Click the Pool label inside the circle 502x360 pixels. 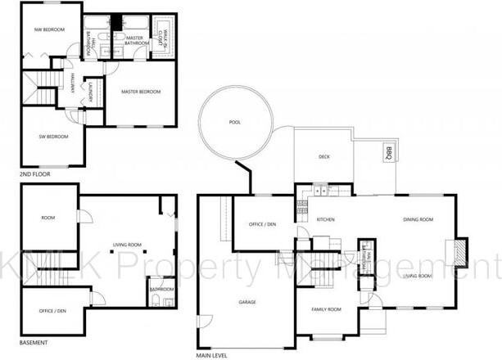pos(235,123)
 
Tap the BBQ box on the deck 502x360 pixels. pos(388,152)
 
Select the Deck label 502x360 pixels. pos(323,158)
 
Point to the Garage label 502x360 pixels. pos(247,302)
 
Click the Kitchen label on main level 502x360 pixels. pos(326,219)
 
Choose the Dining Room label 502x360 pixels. pos(418,219)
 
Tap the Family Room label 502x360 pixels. pos(325,309)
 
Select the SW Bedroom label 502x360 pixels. pos(55,136)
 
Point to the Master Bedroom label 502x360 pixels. pos(140,92)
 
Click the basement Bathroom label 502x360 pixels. pos(161,289)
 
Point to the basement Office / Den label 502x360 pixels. pos(52,311)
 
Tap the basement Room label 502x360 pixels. pos(47,218)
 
